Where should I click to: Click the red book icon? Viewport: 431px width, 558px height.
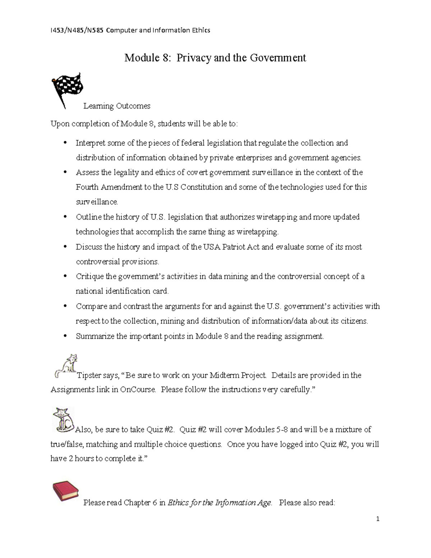tap(65, 492)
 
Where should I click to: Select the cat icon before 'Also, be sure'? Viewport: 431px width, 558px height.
tap(63, 419)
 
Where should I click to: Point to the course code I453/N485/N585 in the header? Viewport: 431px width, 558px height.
tap(77, 30)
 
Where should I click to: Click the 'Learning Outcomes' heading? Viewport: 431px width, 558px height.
tap(117, 106)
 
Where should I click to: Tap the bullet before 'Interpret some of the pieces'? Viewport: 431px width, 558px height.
tap(65, 143)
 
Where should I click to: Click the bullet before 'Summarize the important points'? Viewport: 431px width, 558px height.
tap(65, 336)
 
